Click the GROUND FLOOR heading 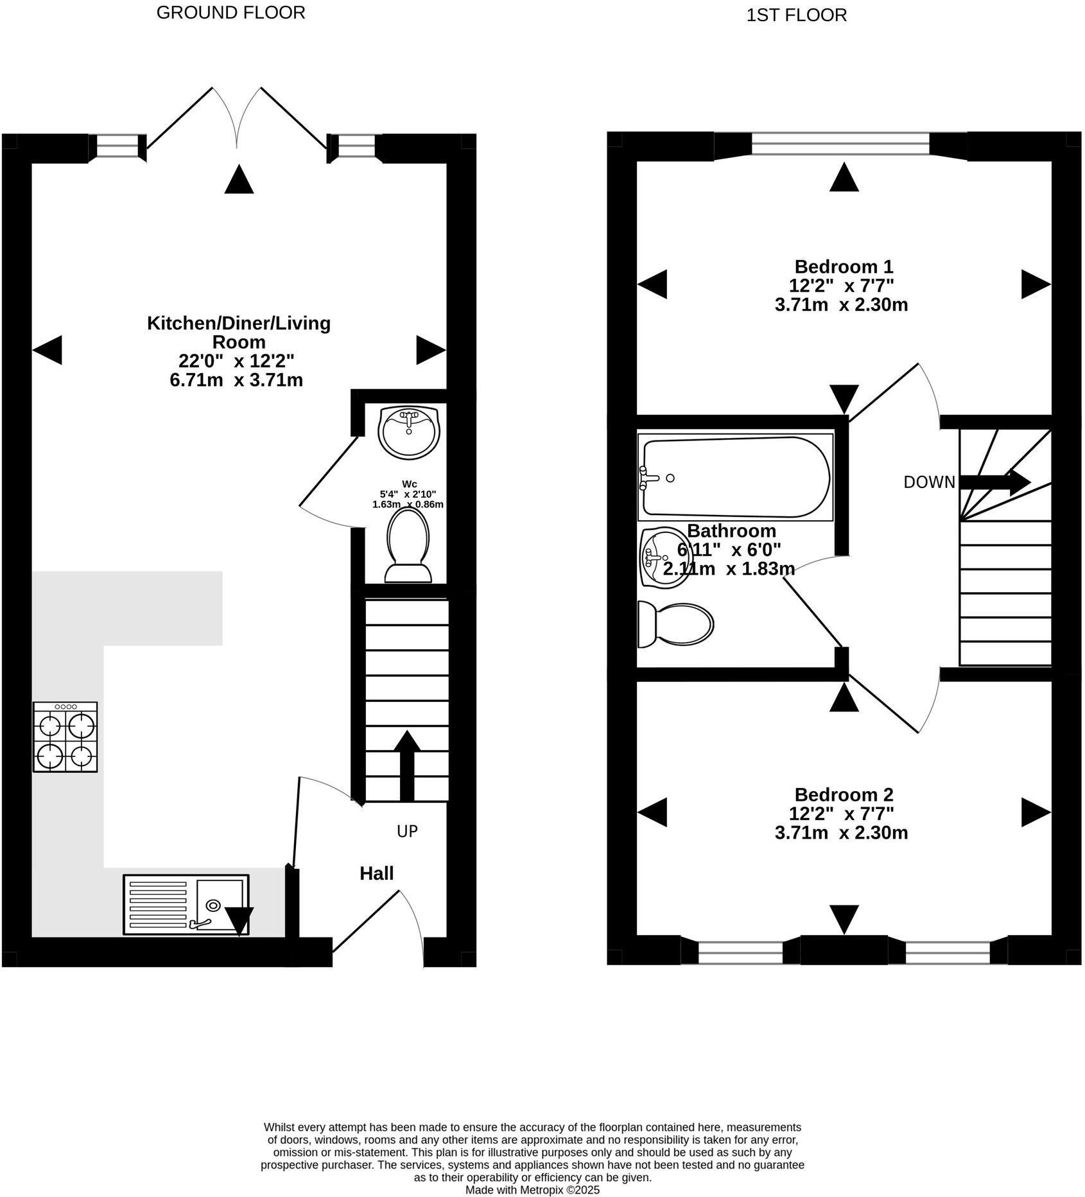coord(230,13)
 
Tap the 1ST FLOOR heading coord(796,15)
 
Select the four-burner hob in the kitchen coord(65,737)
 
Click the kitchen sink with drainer coord(186,905)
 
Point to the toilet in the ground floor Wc coord(408,545)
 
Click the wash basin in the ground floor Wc coord(409,433)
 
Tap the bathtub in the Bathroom coord(736,477)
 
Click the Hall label coord(377,873)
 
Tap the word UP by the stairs coord(407,831)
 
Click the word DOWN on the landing coord(930,482)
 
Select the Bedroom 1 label coord(844,266)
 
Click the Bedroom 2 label coord(844,794)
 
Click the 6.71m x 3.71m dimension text coord(236,380)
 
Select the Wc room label coord(409,484)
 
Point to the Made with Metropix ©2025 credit coord(532,1190)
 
